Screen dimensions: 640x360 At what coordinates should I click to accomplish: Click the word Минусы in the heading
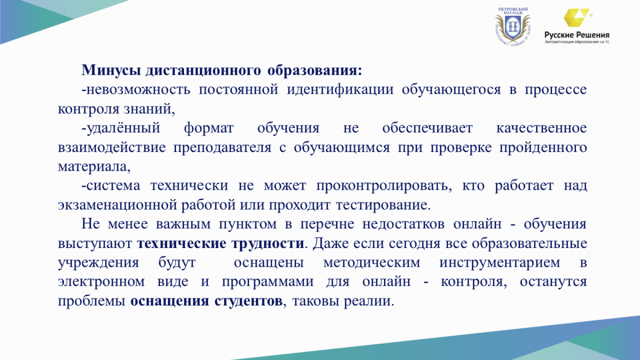pyautogui.click(x=111, y=70)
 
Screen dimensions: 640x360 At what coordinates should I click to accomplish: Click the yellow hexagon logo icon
pyautogui.click(x=577, y=18)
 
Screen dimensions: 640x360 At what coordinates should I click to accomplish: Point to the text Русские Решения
pyautogui.click(x=577, y=35)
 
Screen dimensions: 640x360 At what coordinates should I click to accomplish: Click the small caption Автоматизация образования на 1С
pyautogui.click(x=577, y=42)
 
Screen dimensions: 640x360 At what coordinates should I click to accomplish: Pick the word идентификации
pyautogui.click(x=340, y=90)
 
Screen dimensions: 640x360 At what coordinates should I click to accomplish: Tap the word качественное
pyautogui.click(x=541, y=129)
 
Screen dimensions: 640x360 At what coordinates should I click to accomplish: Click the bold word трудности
pyautogui.click(x=268, y=244)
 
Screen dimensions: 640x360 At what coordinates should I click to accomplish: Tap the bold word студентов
pyautogui.click(x=249, y=301)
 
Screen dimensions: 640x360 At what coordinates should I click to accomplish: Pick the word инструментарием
pyautogui.click(x=499, y=263)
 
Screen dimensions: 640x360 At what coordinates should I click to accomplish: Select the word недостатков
pyautogui.click(x=403, y=225)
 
